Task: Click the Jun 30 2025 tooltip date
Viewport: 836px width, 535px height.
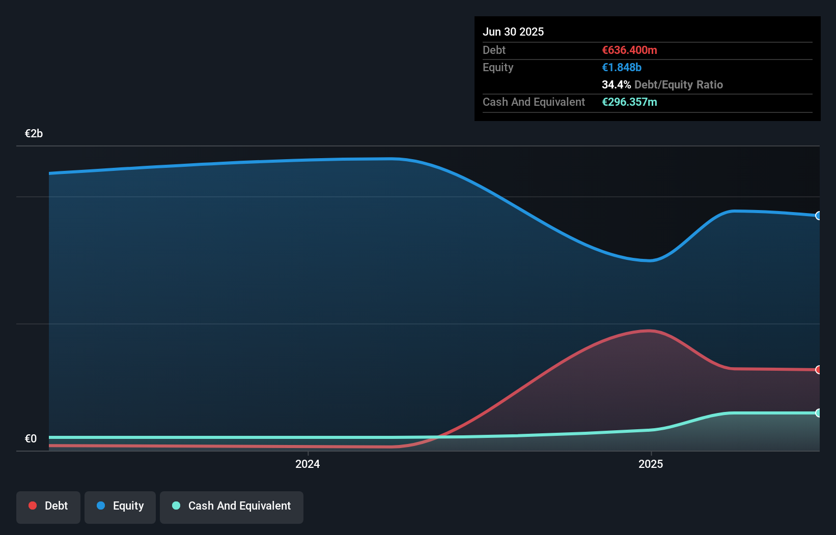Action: pos(513,32)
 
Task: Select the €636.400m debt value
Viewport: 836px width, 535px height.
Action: pos(629,50)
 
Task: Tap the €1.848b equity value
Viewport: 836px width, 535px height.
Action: pos(621,67)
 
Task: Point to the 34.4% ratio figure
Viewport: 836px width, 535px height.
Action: pos(616,84)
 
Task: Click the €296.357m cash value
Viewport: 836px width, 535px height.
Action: pos(629,102)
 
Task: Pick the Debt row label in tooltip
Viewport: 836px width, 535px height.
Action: pos(494,50)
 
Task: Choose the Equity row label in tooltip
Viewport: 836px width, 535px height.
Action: pos(498,67)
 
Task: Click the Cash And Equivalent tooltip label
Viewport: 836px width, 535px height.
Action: pos(534,102)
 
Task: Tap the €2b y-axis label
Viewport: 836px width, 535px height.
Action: pos(34,133)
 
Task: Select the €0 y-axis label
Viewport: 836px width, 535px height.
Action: pos(31,438)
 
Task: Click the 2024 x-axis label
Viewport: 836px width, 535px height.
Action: pos(308,464)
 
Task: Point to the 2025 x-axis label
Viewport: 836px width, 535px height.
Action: pos(651,464)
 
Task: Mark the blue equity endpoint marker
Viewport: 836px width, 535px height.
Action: pos(818,216)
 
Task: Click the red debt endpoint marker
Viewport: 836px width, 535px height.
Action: pos(818,370)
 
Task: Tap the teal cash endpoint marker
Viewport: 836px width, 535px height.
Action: pos(818,413)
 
